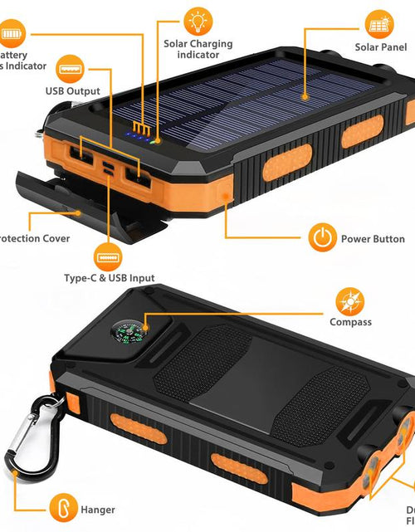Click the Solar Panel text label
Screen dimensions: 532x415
(380, 47)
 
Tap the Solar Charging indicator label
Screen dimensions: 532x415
(198, 49)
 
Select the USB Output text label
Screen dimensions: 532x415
(73, 91)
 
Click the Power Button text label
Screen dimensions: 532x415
(373, 239)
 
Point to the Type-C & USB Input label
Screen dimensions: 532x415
(109, 278)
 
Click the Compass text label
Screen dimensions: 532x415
(350, 322)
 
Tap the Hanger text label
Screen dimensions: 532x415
(98, 510)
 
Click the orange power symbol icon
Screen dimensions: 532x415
(322, 238)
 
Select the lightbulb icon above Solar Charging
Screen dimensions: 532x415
(198, 20)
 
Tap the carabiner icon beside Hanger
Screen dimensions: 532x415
(61, 508)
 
